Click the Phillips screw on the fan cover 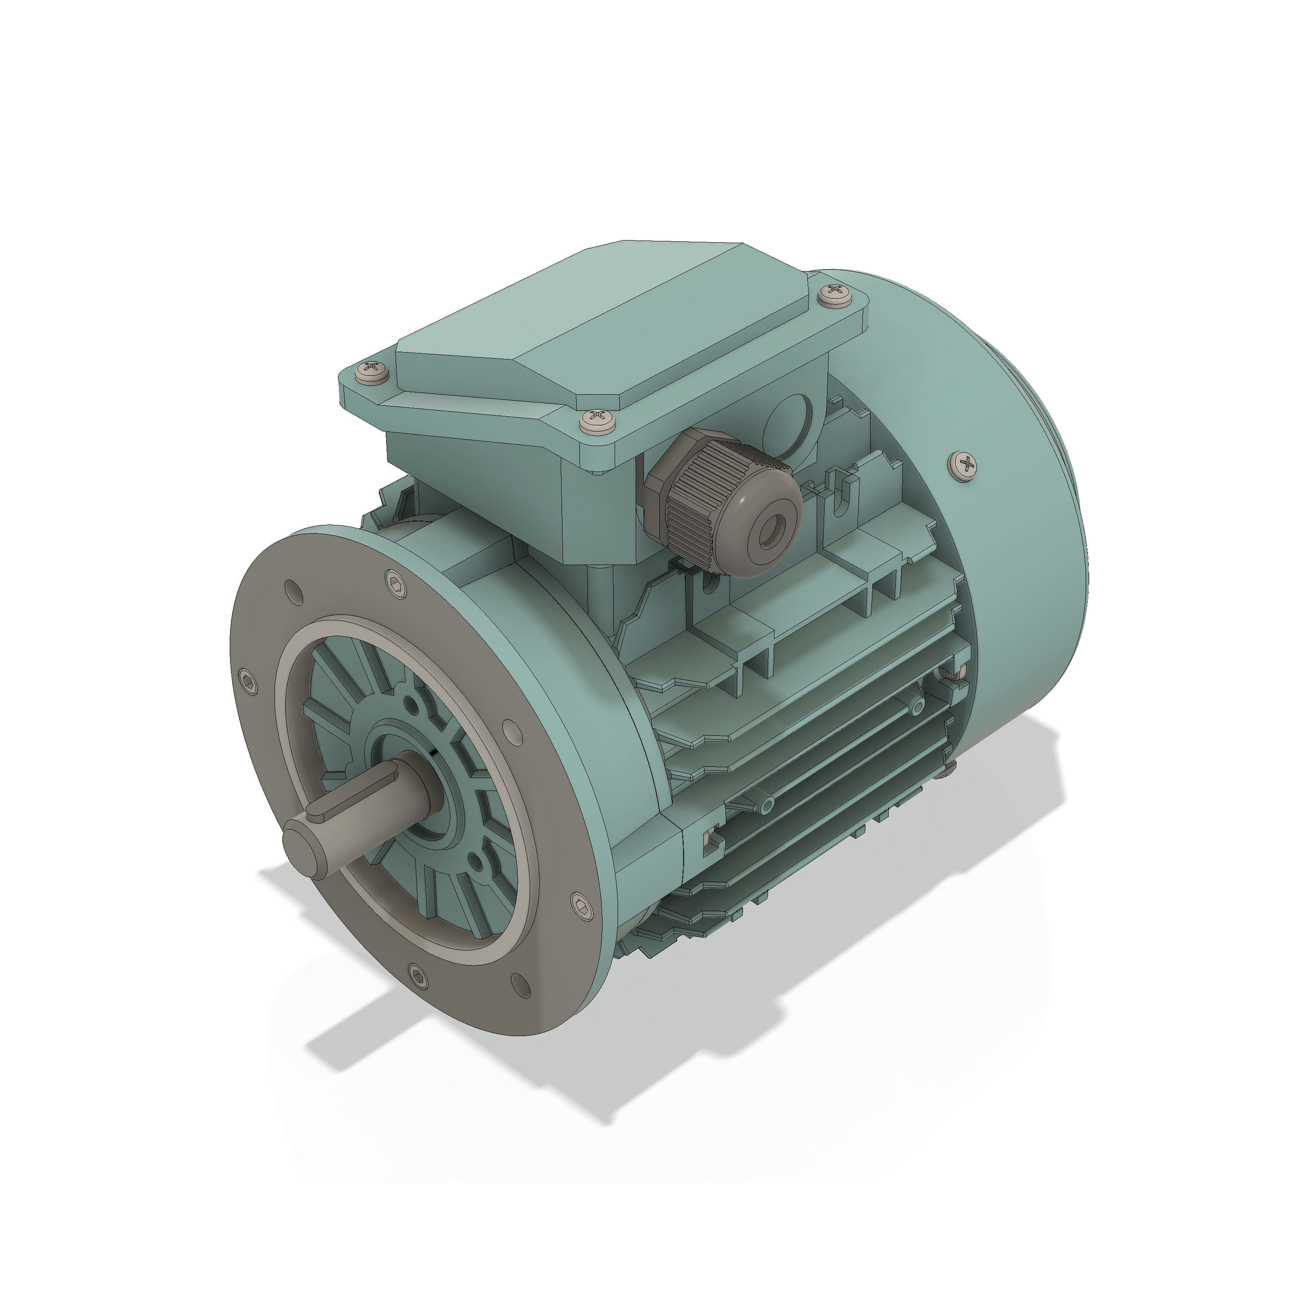point(964,463)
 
